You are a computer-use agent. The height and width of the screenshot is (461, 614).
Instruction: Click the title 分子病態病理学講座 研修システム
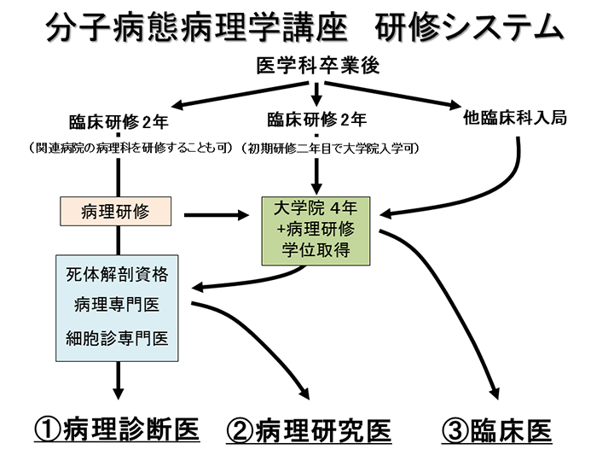(x=305, y=27)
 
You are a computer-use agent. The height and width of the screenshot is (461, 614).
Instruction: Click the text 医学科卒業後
(x=317, y=65)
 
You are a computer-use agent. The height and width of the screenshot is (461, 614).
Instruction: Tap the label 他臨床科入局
(x=515, y=118)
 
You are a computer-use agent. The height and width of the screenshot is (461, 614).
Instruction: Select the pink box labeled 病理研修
(x=115, y=212)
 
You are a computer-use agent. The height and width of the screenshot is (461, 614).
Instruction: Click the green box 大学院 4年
(x=316, y=230)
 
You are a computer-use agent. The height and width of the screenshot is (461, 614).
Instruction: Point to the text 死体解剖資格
(x=117, y=274)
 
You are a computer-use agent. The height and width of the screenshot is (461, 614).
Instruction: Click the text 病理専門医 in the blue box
(x=117, y=305)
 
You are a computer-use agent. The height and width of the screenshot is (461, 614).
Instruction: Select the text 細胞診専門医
(x=117, y=338)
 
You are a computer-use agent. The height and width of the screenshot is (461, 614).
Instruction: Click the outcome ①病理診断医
(x=117, y=430)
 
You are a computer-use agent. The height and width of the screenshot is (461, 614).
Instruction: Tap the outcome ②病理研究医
(x=309, y=431)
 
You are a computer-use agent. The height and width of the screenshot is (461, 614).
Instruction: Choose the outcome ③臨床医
(x=497, y=431)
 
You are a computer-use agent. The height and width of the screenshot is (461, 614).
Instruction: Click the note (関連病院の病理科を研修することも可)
(x=131, y=149)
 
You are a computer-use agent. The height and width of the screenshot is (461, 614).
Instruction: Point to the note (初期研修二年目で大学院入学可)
(x=329, y=149)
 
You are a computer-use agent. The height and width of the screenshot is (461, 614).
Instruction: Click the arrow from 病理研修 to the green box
(x=216, y=215)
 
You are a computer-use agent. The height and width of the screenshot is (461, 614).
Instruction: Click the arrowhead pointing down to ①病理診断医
(x=118, y=393)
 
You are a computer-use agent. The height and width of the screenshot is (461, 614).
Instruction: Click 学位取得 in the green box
(x=316, y=250)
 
